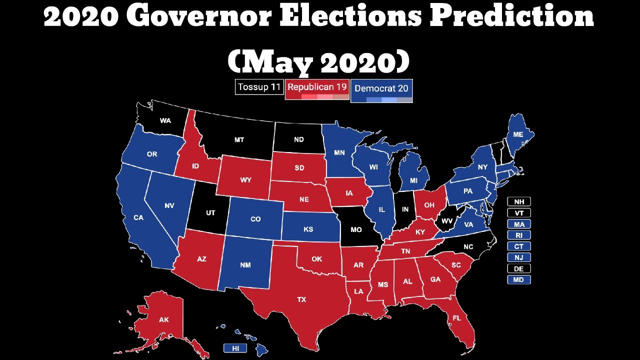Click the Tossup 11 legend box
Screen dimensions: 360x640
pos(259,87)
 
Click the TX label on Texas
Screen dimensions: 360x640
pos(301,299)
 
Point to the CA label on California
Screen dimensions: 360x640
pos(138,217)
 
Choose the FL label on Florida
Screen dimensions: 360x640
pos(456,318)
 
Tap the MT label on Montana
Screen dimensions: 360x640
pos(239,140)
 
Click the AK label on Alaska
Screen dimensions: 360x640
pos(164,320)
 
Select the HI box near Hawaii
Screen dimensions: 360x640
pos(235,348)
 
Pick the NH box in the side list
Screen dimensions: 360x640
pos(518,201)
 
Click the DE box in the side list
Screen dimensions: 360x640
pos(518,268)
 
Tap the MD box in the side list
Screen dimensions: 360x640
pos(518,279)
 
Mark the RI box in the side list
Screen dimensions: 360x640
pos(518,235)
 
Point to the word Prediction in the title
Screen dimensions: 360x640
pos(512,17)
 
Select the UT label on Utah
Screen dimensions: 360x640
pos(210,213)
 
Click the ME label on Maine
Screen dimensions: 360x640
pos(518,135)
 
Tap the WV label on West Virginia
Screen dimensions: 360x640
pos(446,220)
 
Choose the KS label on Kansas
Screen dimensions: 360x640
pos(308,229)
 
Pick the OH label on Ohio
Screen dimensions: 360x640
pos(429,205)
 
